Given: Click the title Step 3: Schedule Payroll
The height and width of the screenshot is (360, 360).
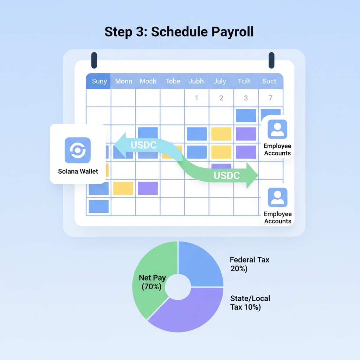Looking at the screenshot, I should coord(179,32).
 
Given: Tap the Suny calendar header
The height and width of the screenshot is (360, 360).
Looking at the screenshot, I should coord(99,81).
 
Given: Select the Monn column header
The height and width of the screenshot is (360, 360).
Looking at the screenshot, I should coord(124,81).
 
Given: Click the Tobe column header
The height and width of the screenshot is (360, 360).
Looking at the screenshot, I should coord(173,81).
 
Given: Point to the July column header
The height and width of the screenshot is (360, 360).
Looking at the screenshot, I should coord(220,81).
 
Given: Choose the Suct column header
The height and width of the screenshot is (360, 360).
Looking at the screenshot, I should coord(269,81).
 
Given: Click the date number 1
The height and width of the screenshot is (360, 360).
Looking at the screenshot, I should coord(197,98).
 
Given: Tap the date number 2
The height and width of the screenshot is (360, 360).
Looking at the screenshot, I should coord(221,98).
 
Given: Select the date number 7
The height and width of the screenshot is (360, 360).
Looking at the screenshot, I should coord(270,98).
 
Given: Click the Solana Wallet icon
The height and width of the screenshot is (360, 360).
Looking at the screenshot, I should coord(78,150).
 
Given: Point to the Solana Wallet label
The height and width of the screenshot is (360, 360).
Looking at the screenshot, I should coord(78,172).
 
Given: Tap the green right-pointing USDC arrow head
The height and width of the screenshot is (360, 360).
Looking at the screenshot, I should coord(251,175).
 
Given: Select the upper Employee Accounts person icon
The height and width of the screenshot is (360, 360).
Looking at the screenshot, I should coord(277,129).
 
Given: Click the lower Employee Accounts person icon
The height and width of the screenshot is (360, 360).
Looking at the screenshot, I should coord(277,197).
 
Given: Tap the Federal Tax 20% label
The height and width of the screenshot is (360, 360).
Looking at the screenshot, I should coord(249,264).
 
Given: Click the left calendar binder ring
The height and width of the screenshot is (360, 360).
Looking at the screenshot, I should coord(94,60).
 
